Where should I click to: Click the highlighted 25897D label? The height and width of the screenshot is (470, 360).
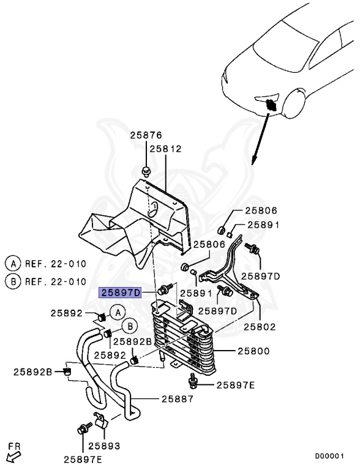(120, 293)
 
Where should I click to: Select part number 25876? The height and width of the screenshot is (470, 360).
(146, 135)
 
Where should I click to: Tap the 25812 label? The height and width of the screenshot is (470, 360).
(166, 149)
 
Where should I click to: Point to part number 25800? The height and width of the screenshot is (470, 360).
(253, 351)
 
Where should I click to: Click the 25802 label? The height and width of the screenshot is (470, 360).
(260, 326)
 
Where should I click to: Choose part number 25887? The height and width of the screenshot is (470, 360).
(178, 399)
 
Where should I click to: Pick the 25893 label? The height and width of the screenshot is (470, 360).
(104, 446)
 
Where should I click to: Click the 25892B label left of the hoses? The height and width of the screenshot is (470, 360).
(33, 372)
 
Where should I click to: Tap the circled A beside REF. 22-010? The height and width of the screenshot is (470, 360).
(13, 264)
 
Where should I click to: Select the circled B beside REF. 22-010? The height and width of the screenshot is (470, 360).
(13, 282)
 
